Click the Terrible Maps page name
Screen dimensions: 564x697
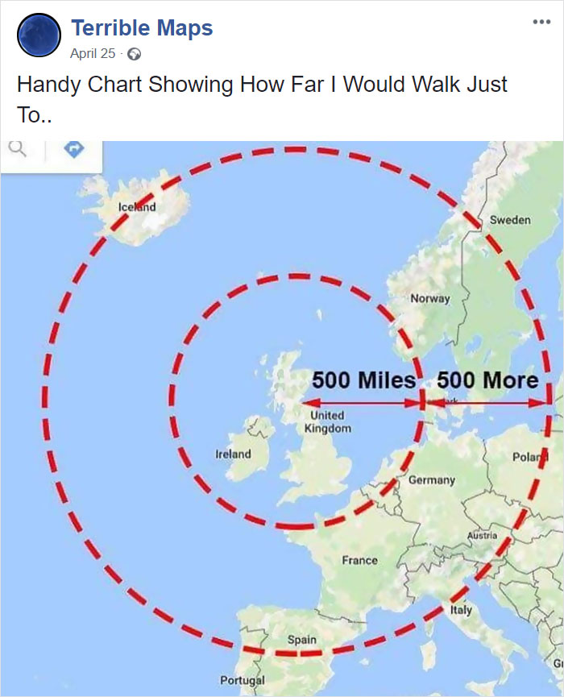pos(142,28)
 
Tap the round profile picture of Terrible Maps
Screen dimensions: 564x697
pos(38,36)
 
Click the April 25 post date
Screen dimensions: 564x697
pos(93,54)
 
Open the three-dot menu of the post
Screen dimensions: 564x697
pos(541,22)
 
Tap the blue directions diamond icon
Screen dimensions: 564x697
pos(73,149)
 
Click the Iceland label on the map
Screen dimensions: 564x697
pos(137,207)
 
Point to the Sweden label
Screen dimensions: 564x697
pos(510,220)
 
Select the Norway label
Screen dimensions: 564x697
pos(430,298)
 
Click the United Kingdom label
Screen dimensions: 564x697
pos(327,421)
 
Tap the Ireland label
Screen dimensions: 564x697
pos(233,454)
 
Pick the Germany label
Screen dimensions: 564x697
pos(431,479)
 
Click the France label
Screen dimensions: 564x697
pos(359,560)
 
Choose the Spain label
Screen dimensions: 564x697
pos(302,640)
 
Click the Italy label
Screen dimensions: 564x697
pos(461,610)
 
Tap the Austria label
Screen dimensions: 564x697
pos(482,535)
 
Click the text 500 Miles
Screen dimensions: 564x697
pos(363,379)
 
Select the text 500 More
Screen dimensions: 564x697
pos(487,379)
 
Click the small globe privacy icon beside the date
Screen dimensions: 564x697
pos(135,55)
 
